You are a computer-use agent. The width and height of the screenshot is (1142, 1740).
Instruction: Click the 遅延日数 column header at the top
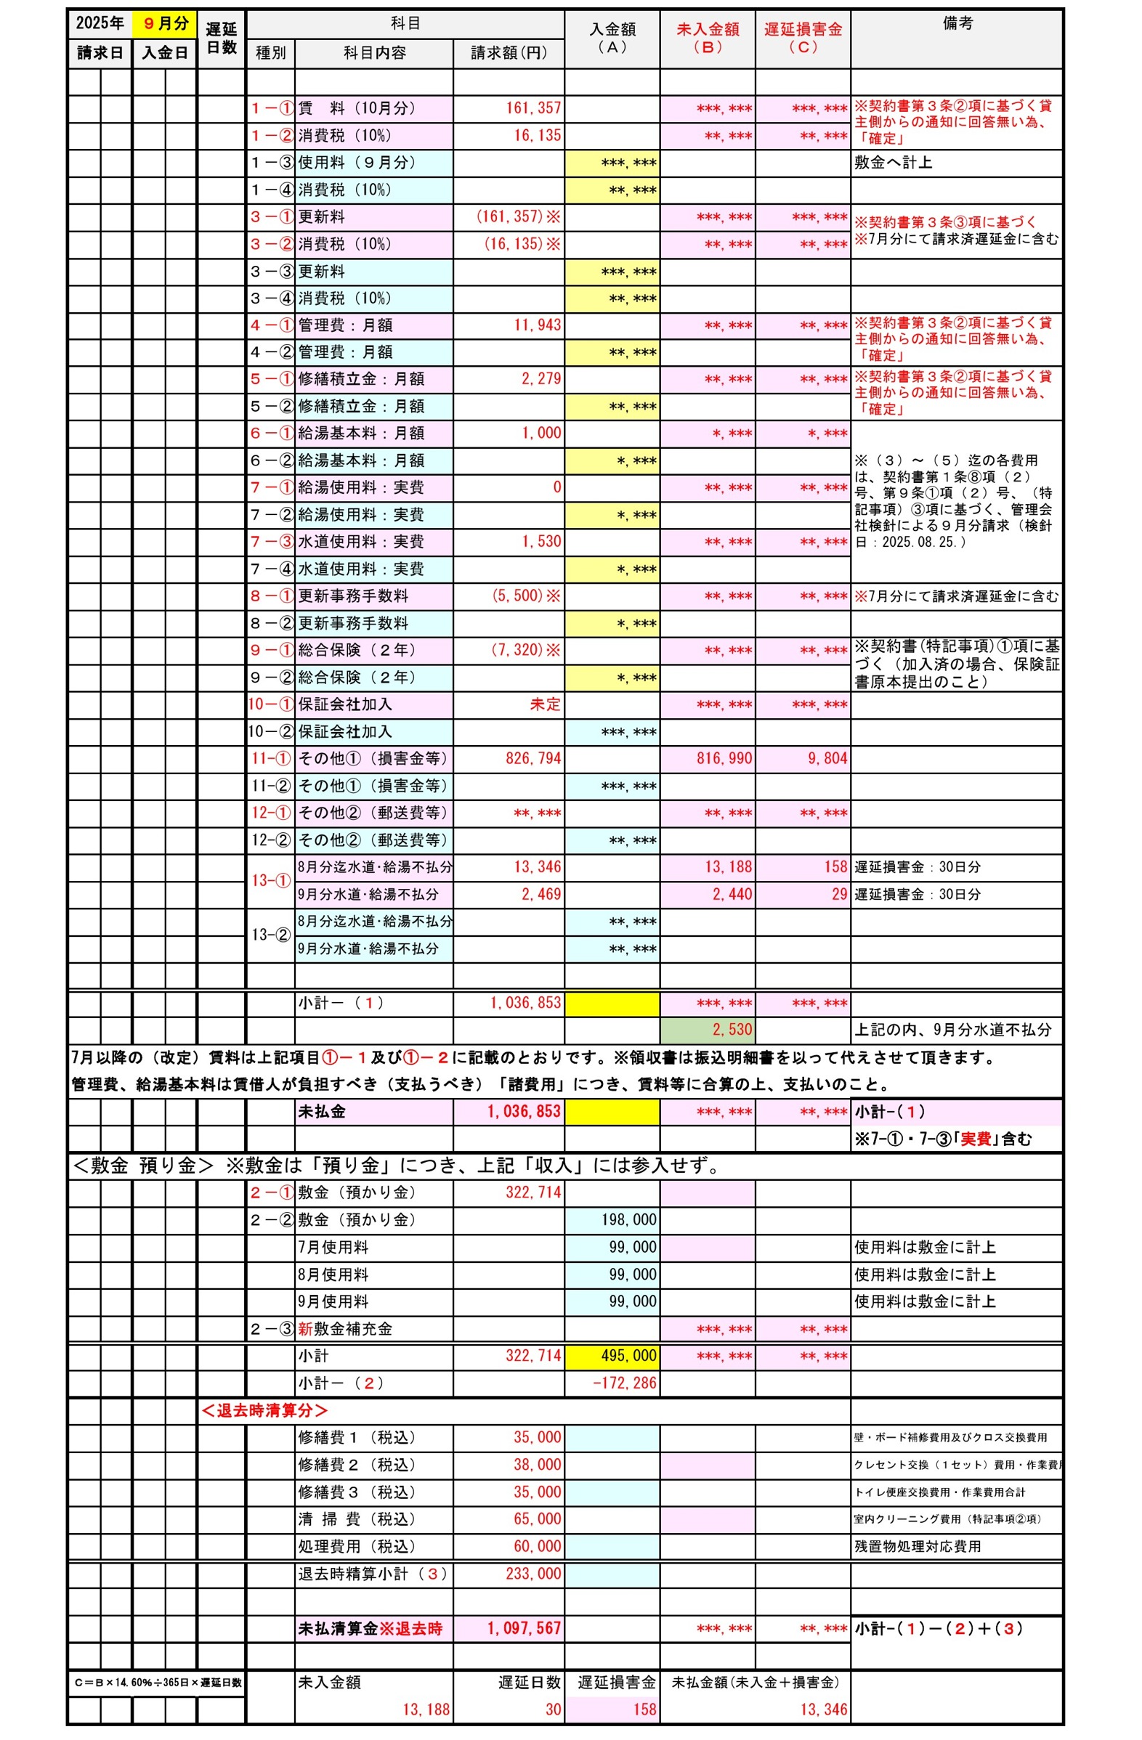[x=221, y=38]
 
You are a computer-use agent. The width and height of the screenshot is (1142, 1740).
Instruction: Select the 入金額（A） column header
[x=612, y=38]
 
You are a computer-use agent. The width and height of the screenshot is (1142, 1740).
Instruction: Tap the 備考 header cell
[x=957, y=23]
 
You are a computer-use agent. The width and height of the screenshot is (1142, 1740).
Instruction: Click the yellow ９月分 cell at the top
[x=164, y=23]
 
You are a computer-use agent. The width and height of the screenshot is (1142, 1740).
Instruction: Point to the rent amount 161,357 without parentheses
[x=533, y=108]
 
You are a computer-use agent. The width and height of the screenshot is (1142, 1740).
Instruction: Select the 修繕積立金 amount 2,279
[x=541, y=378]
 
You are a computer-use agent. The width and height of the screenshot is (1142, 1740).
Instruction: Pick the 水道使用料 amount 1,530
[x=541, y=542]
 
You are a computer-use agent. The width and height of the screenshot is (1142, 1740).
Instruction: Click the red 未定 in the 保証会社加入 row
[x=545, y=704]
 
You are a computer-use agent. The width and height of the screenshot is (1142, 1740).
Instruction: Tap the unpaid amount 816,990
[x=724, y=758]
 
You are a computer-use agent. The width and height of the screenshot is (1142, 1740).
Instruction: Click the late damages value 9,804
[x=827, y=758]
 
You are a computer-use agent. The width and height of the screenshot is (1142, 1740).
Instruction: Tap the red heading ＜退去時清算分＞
[x=264, y=1410]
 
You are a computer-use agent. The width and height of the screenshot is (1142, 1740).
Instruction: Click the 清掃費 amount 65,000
[x=537, y=1519]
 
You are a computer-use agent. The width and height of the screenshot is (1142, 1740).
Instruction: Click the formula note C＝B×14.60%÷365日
[x=158, y=1682]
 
